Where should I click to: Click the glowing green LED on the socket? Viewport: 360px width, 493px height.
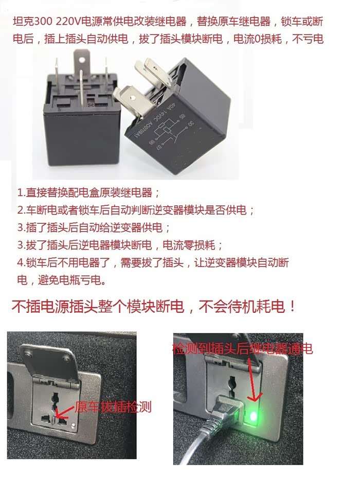[253, 417]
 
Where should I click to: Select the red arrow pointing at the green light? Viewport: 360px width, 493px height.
[254, 379]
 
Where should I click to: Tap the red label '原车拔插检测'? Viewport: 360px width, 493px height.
[113, 407]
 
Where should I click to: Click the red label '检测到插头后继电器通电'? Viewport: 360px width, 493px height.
[243, 348]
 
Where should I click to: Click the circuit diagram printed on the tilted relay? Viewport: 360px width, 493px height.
[166, 129]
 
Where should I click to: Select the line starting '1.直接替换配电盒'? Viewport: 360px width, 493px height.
[88, 192]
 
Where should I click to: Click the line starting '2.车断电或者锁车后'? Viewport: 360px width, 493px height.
[136, 210]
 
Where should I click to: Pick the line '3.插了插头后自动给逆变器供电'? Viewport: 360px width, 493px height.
[94, 227]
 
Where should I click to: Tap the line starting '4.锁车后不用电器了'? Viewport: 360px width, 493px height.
[153, 271]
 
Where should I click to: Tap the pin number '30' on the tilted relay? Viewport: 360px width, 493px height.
[190, 124]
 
